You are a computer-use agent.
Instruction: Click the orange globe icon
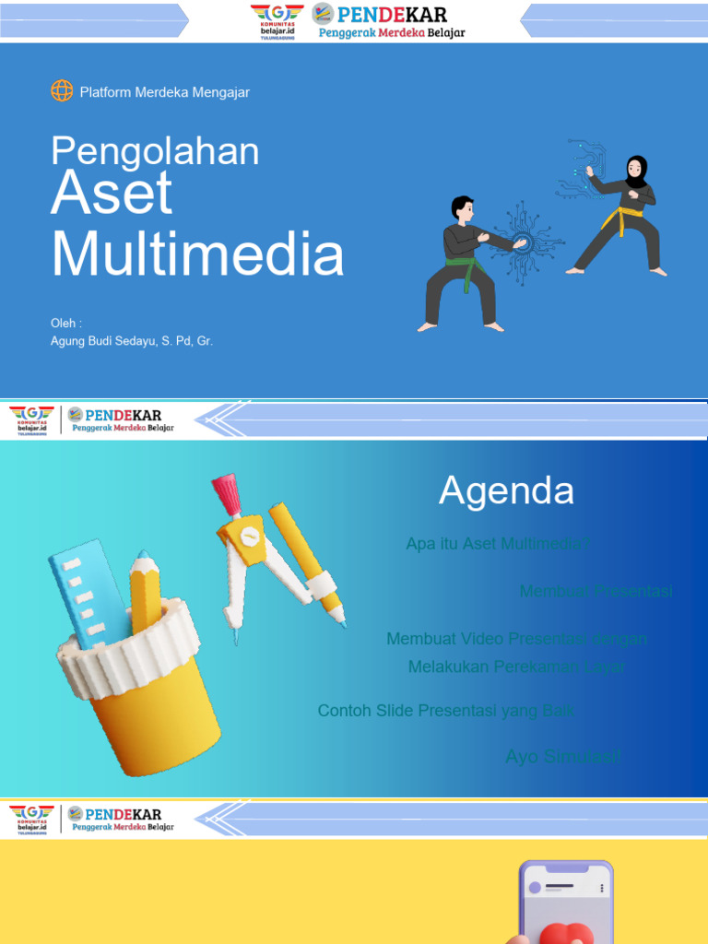click(62, 91)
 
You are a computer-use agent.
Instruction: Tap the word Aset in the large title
click(112, 195)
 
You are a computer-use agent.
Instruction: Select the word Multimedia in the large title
click(197, 254)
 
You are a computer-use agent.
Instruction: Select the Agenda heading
click(506, 490)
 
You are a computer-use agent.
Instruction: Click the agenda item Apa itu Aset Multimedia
click(497, 544)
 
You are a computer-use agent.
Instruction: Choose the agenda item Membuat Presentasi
click(596, 591)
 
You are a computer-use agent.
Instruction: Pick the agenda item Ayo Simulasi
click(562, 757)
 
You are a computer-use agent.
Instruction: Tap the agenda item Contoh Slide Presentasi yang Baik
click(445, 711)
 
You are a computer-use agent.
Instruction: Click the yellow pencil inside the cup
click(144, 590)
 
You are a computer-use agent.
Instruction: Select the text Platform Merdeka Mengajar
click(165, 92)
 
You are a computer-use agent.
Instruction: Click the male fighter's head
click(463, 209)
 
